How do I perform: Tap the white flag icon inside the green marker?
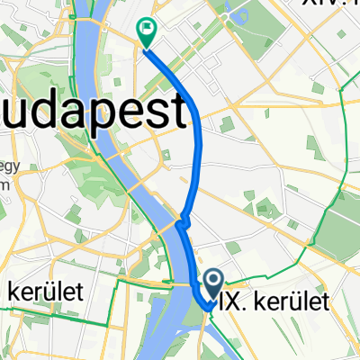(147, 29)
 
